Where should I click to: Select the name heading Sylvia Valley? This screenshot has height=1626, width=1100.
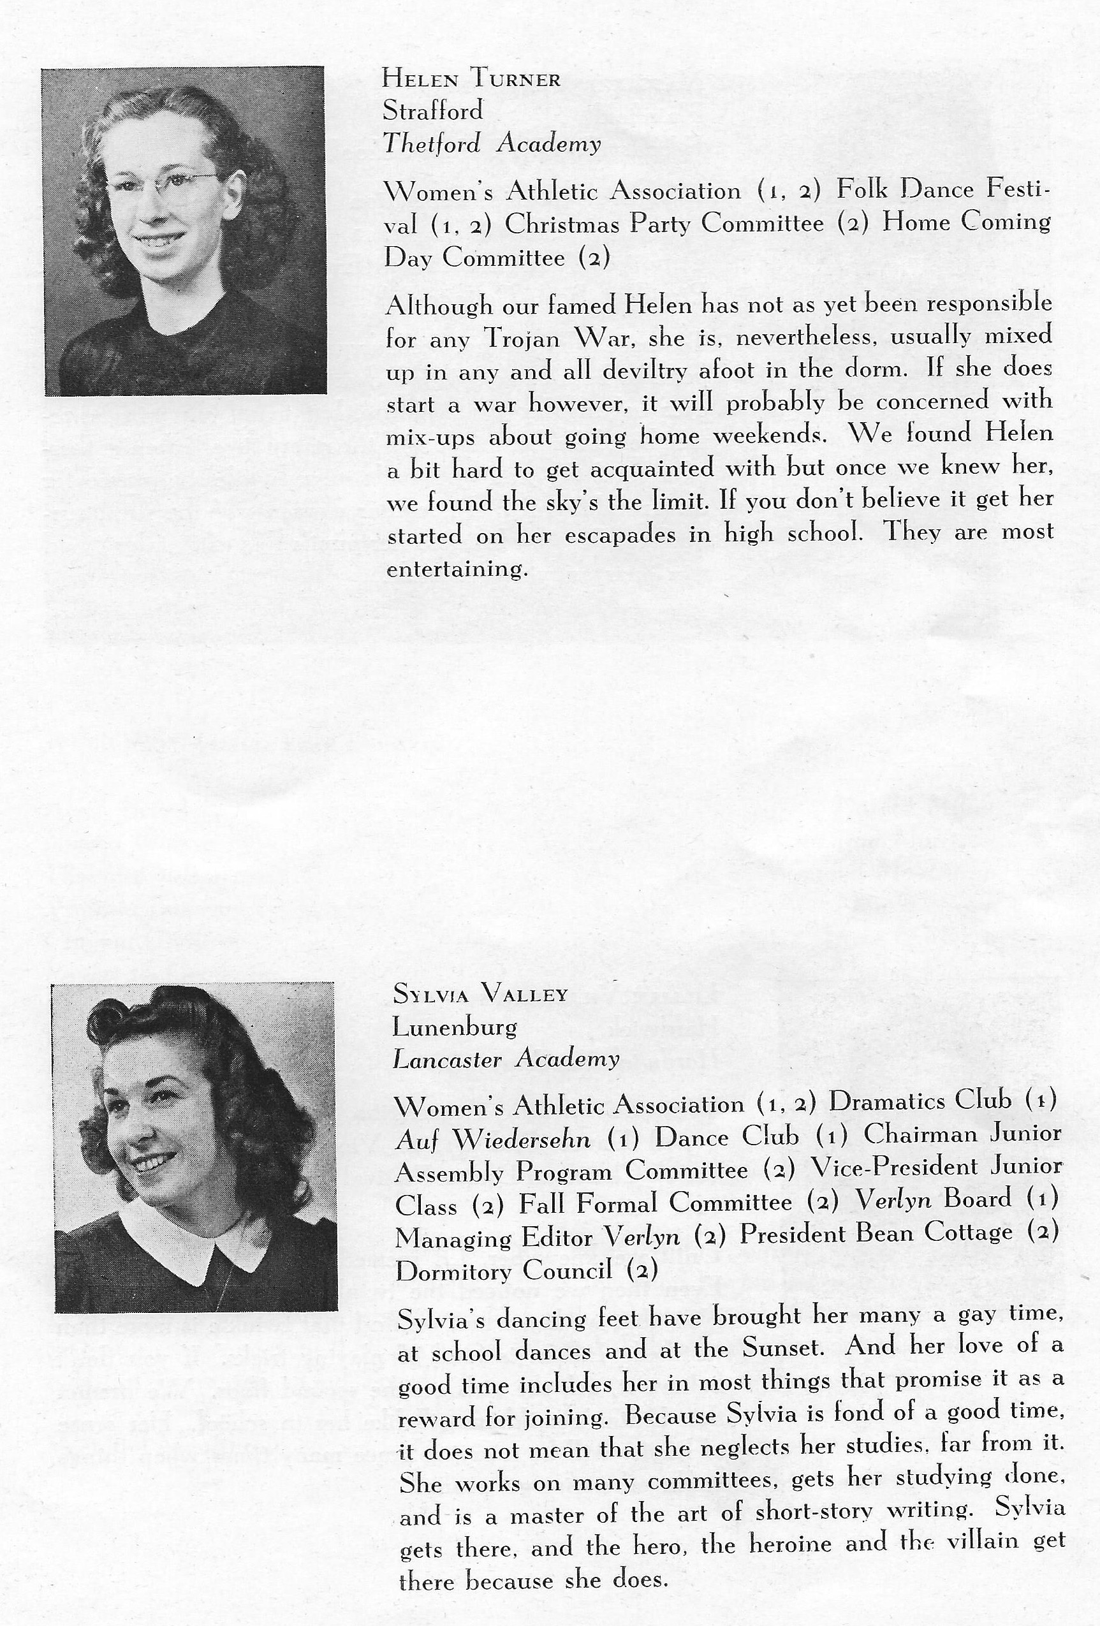click(480, 993)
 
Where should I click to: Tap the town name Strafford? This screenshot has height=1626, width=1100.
click(432, 111)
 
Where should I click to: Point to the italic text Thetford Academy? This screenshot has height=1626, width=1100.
click(491, 144)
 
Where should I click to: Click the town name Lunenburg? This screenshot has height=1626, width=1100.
click(455, 1027)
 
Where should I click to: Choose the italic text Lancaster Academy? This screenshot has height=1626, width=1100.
click(506, 1059)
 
